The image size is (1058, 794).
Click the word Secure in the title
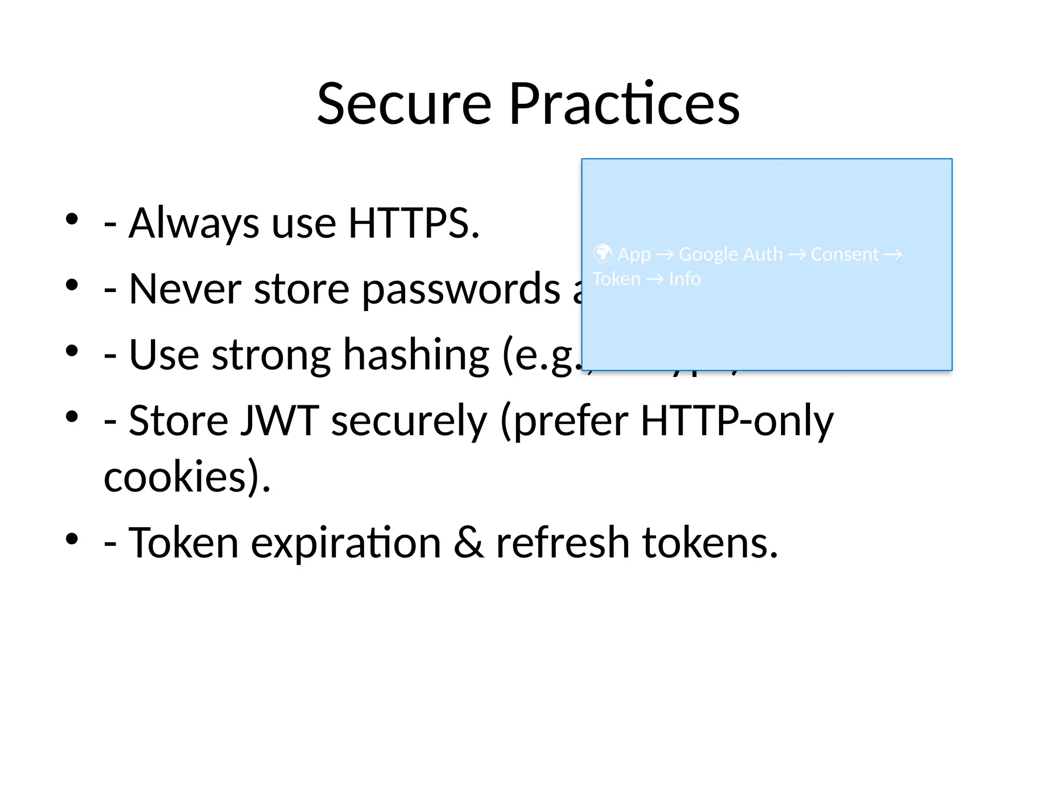pyautogui.click(x=404, y=104)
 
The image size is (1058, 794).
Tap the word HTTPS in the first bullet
pyautogui.click(x=413, y=223)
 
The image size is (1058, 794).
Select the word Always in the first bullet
pyautogui.click(x=194, y=223)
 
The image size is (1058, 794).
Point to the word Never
pyautogui.click(x=184, y=289)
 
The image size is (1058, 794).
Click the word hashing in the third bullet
pyautogui.click(x=416, y=356)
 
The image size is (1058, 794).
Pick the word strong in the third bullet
pyautogui.click(x=271, y=356)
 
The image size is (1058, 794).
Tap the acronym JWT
pyautogui.click(x=280, y=421)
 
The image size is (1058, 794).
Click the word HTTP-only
pyautogui.click(x=737, y=421)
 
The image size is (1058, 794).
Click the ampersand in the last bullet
pyautogui.click(x=469, y=543)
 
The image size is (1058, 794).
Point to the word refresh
pyautogui.click(x=562, y=543)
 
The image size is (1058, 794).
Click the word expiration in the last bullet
pyautogui.click(x=346, y=543)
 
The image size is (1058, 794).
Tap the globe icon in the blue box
pyautogui.click(x=602, y=253)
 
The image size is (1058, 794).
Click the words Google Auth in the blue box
pyautogui.click(x=730, y=254)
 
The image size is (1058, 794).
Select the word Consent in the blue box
pyautogui.click(x=844, y=254)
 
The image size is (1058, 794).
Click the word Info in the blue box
pyautogui.click(x=684, y=279)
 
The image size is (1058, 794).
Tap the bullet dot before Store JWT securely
pyautogui.click(x=72, y=416)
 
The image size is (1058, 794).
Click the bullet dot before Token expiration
pyautogui.click(x=72, y=539)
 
